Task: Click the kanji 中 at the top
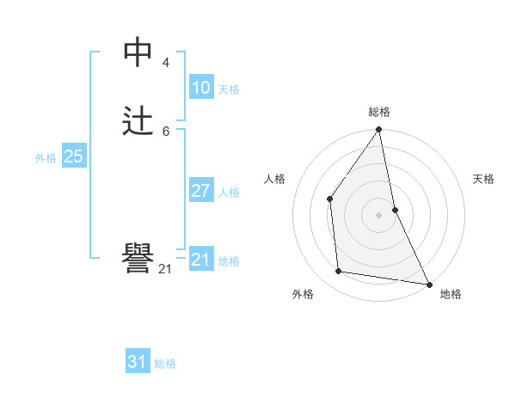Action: pyautogui.click(x=138, y=52)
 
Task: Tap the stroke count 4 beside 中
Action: pyautogui.click(x=165, y=63)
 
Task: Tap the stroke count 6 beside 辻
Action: pyautogui.click(x=165, y=131)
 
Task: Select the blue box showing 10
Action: pyautogui.click(x=200, y=87)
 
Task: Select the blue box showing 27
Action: pyautogui.click(x=200, y=190)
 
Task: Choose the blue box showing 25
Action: pyautogui.click(x=73, y=156)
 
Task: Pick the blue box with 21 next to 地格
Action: pyautogui.click(x=200, y=259)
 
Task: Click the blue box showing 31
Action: pyautogui.click(x=138, y=362)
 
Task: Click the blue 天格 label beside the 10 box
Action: pyautogui.click(x=229, y=89)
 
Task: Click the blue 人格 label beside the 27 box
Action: pyautogui.click(x=229, y=193)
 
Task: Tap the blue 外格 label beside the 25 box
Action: pyautogui.click(x=46, y=158)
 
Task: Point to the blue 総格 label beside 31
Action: pyautogui.click(x=165, y=364)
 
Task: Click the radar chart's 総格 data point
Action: pyautogui.click(x=378, y=130)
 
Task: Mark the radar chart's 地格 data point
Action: pyautogui.click(x=428, y=283)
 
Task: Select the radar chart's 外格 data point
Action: pyautogui.click(x=339, y=272)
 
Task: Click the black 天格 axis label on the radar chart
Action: pyautogui.click(x=483, y=179)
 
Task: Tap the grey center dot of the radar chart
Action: pyautogui.click(x=378, y=214)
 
